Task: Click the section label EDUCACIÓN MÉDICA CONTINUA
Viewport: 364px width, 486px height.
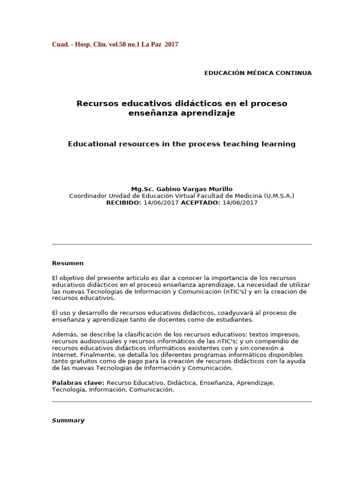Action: [258, 73]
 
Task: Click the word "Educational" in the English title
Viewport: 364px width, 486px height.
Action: [91, 144]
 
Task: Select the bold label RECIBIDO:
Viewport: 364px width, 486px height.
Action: [124, 203]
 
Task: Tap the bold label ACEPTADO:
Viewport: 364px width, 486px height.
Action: [200, 203]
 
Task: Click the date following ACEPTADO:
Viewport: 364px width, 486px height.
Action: [239, 203]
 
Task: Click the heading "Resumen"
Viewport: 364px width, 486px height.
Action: [68, 263]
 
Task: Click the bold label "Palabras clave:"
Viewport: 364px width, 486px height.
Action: [78, 383]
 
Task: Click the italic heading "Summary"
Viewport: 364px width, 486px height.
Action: [68, 421]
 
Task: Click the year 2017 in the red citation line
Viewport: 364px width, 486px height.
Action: [172, 45]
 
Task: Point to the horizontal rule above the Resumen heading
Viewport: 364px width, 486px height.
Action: [182, 244]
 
